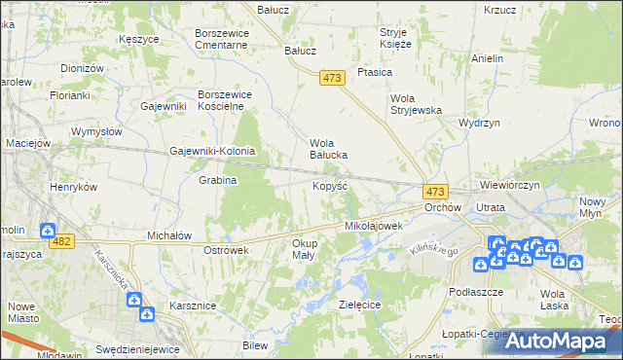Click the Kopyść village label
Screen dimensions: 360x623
329,185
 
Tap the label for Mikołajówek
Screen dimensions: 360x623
374,226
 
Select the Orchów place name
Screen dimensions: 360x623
442,208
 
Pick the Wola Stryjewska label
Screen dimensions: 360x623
416,104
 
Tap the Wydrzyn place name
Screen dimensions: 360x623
479,124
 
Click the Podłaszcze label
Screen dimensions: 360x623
476,292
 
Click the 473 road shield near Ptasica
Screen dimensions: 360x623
333,78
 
